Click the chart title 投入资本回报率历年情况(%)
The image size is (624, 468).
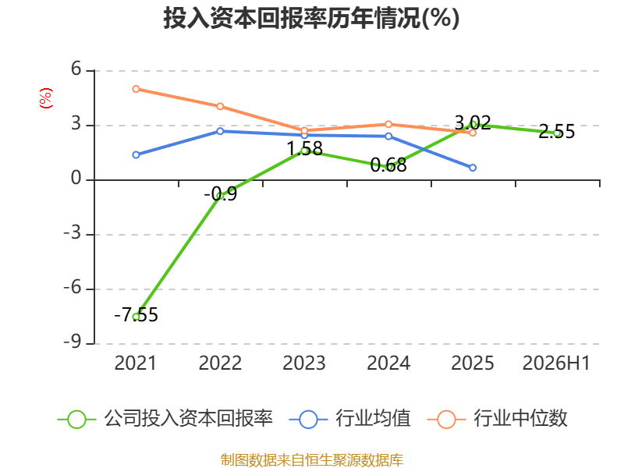pyautogui.click(x=311, y=18)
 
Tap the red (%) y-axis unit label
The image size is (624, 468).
pyautogui.click(x=46, y=98)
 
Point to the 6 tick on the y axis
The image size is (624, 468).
pyautogui.click(x=76, y=69)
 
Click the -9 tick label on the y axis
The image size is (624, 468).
pyautogui.click(x=72, y=342)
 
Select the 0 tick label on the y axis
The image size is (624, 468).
pyautogui.click(x=76, y=179)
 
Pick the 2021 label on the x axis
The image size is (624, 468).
pyautogui.click(x=135, y=363)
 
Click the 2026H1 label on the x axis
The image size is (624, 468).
pyautogui.click(x=556, y=363)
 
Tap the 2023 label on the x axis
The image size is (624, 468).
pyautogui.click(x=304, y=363)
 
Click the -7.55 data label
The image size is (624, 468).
pyautogui.click(x=136, y=315)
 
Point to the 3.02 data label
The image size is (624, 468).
pyautogui.click(x=473, y=122)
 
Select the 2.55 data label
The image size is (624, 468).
pyautogui.click(x=557, y=131)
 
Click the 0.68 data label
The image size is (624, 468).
pyautogui.click(x=388, y=165)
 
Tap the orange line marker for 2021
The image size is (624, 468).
pyautogui.click(x=136, y=89)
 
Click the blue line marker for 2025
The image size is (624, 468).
pyautogui.click(x=473, y=168)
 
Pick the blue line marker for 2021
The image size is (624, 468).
pyautogui.click(x=136, y=154)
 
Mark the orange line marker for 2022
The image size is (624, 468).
pyautogui.click(x=220, y=106)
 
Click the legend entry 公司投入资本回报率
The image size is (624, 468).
pyautogui.click(x=165, y=419)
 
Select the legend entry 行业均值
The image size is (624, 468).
pyautogui.click(x=349, y=419)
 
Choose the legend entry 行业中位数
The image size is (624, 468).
pyautogui.click(x=497, y=419)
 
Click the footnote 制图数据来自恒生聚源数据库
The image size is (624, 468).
pyautogui.click(x=312, y=459)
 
